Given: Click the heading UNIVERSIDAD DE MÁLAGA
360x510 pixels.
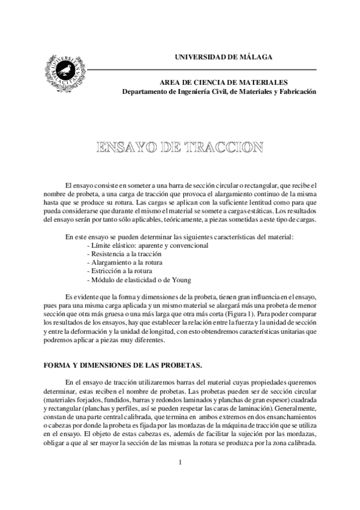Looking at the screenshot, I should [x=223, y=57].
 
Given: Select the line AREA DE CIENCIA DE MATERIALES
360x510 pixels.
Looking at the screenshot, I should [x=223, y=82].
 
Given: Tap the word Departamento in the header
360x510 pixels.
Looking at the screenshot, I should [x=145, y=92].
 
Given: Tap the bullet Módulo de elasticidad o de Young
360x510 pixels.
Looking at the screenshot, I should [x=139, y=280].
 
